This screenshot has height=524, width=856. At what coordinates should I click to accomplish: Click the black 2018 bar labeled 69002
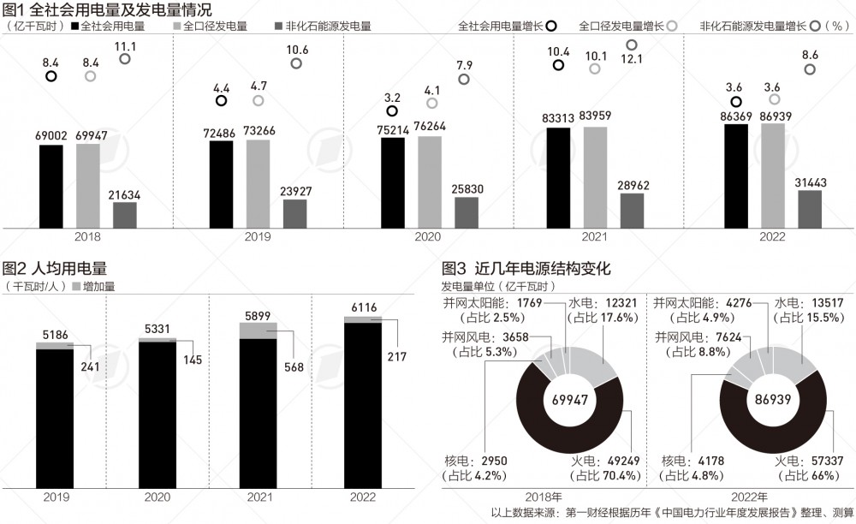coord(51,186)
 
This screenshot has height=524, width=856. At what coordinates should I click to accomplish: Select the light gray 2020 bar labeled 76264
coord(430,182)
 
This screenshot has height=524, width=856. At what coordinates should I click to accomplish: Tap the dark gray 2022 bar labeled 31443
coord(809,209)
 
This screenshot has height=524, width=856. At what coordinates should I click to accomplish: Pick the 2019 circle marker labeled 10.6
coord(295,63)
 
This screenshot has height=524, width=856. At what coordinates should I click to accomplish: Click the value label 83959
coord(595,116)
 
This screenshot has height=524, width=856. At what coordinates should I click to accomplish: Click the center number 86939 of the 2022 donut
coord(773,398)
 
